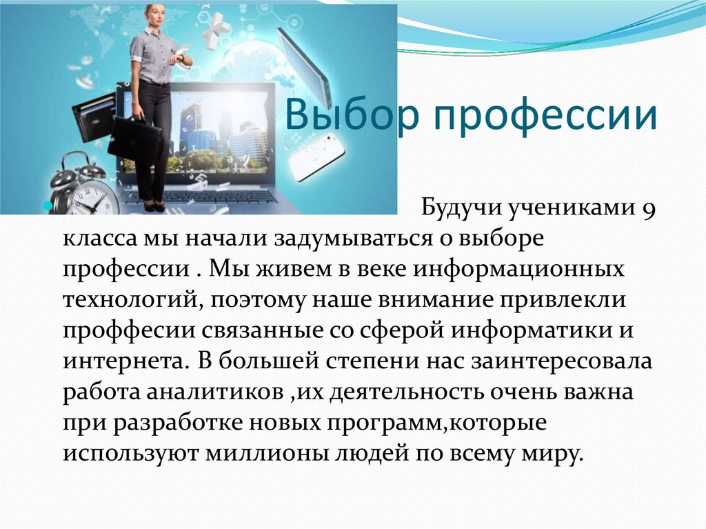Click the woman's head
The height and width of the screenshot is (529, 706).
[x=154, y=15]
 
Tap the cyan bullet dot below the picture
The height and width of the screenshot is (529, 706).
[x=46, y=206]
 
